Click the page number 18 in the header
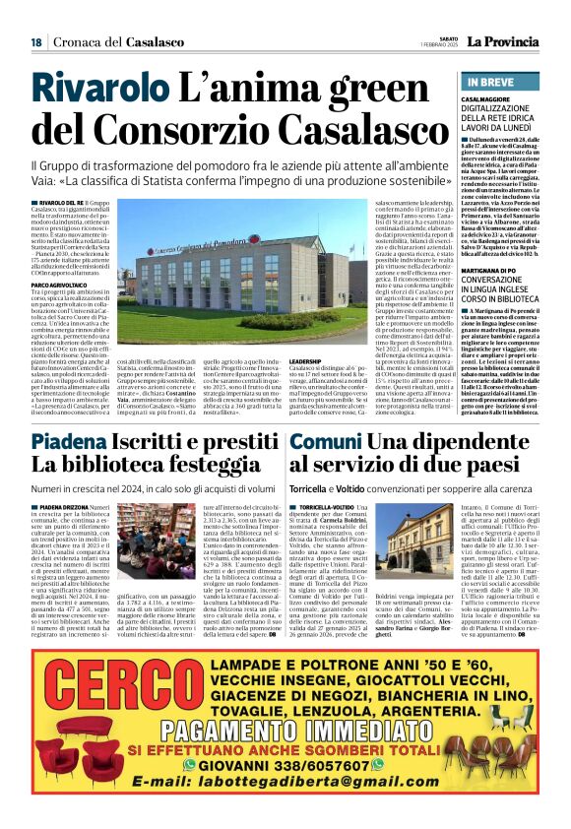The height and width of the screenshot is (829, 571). pos(35,42)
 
